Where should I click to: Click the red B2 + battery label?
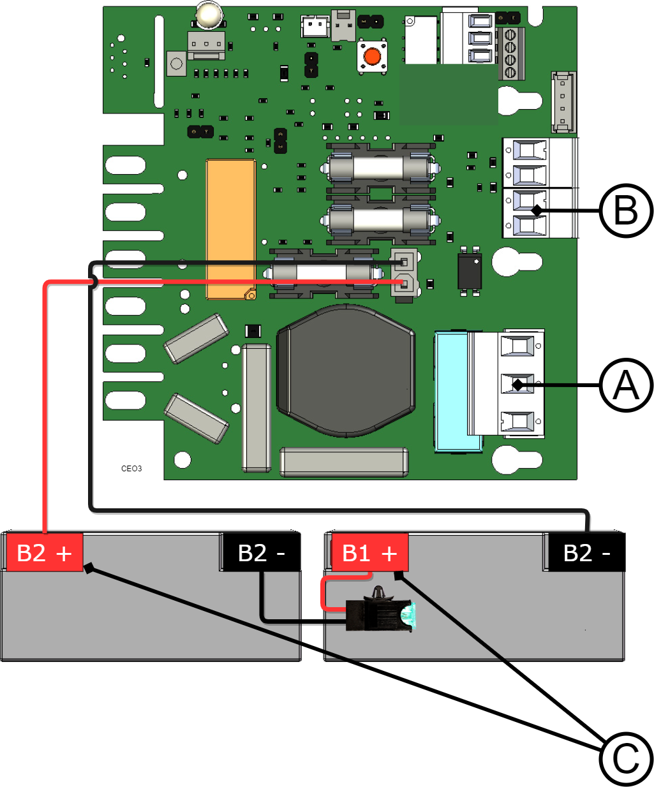45,552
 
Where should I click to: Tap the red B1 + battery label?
369,553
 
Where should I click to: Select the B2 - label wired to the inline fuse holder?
261,553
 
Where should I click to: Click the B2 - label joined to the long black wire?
586,552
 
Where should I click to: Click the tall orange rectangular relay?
230,229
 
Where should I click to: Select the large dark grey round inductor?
345,371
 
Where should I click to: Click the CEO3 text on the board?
131,469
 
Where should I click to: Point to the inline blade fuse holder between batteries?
379,614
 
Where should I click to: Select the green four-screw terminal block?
510,53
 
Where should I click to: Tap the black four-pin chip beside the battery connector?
470,271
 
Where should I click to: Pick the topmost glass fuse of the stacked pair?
380,168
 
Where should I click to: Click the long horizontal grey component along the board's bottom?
344,462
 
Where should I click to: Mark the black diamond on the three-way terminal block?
518,385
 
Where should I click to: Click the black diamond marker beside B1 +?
400,575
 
